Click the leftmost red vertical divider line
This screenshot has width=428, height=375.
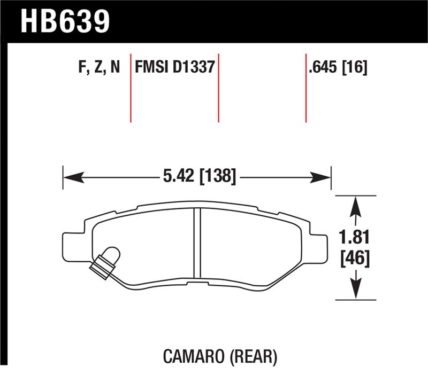pyautogui.click(x=131, y=88)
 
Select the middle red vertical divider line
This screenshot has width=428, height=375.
pyautogui.click(x=218, y=88)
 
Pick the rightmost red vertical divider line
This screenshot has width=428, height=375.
pyautogui.click(x=306, y=88)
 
